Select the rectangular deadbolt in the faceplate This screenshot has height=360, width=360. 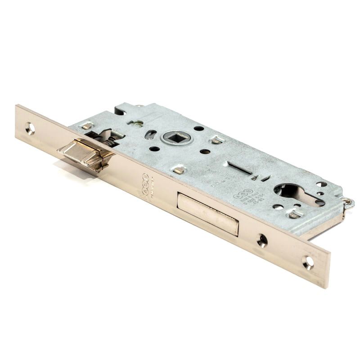pyautogui.click(x=207, y=214)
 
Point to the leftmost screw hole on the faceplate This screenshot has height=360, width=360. pyautogui.click(x=30, y=128)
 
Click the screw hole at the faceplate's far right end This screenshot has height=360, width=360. pyautogui.click(x=308, y=262)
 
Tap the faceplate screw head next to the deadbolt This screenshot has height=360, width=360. pyautogui.click(x=262, y=240)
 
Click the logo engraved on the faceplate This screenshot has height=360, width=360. pyautogui.click(x=145, y=184)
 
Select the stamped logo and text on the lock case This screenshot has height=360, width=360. pyautogui.click(x=242, y=197)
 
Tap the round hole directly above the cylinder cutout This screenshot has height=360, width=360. pyautogui.click(x=321, y=184)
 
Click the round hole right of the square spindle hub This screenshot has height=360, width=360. pyautogui.click(x=198, y=129)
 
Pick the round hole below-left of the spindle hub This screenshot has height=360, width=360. pyautogui.click(x=154, y=148)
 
